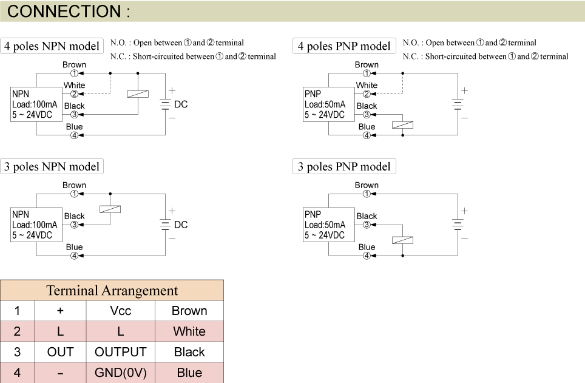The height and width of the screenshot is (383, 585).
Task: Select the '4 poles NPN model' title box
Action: point(52,46)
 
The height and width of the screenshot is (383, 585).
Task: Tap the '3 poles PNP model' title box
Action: point(344,166)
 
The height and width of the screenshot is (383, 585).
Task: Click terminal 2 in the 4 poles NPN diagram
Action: point(74,94)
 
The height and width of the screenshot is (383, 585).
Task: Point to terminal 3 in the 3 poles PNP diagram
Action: point(367,225)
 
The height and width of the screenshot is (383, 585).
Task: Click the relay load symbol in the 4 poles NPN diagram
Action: point(138,94)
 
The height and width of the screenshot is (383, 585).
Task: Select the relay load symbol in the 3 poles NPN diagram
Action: point(110,209)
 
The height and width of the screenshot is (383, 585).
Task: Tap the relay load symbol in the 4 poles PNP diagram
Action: point(403,125)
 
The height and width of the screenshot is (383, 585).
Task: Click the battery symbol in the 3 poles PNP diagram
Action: point(457,225)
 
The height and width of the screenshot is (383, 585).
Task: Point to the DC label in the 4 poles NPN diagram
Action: point(181,104)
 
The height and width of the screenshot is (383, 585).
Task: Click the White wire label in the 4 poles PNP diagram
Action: point(367,86)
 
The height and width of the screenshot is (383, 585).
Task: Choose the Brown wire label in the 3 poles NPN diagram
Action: point(74,185)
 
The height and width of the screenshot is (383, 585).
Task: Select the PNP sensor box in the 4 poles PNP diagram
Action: point(328,104)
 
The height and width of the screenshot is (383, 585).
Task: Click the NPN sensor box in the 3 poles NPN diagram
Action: point(36,225)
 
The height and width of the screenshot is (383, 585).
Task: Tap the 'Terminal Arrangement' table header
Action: point(112,290)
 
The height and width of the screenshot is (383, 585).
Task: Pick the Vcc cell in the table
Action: point(120,311)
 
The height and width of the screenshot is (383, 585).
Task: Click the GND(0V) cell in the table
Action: point(120,372)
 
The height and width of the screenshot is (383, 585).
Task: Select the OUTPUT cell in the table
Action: point(120,352)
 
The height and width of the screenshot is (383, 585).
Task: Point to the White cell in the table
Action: point(189,331)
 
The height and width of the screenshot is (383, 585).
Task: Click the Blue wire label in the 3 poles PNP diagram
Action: point(367,247)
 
